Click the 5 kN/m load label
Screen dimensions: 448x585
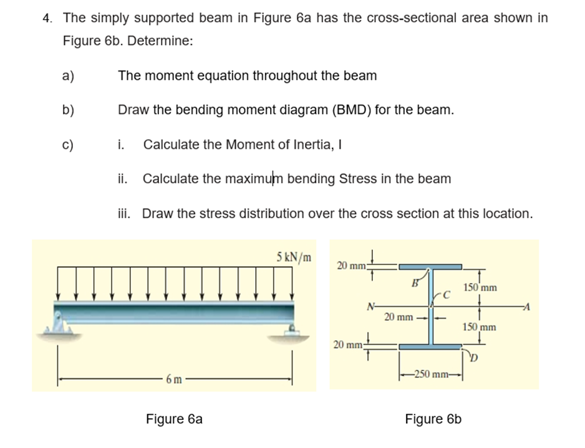pos(294,256)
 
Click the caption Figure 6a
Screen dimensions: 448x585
pos(174,419)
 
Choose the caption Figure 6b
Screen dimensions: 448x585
pos(433,419)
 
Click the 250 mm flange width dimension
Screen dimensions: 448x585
pos(429,374)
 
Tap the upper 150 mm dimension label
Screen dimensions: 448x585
pos(480,288)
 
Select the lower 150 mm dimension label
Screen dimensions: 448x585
pos(479,326)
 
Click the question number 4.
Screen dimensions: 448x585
pos(47,18)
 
